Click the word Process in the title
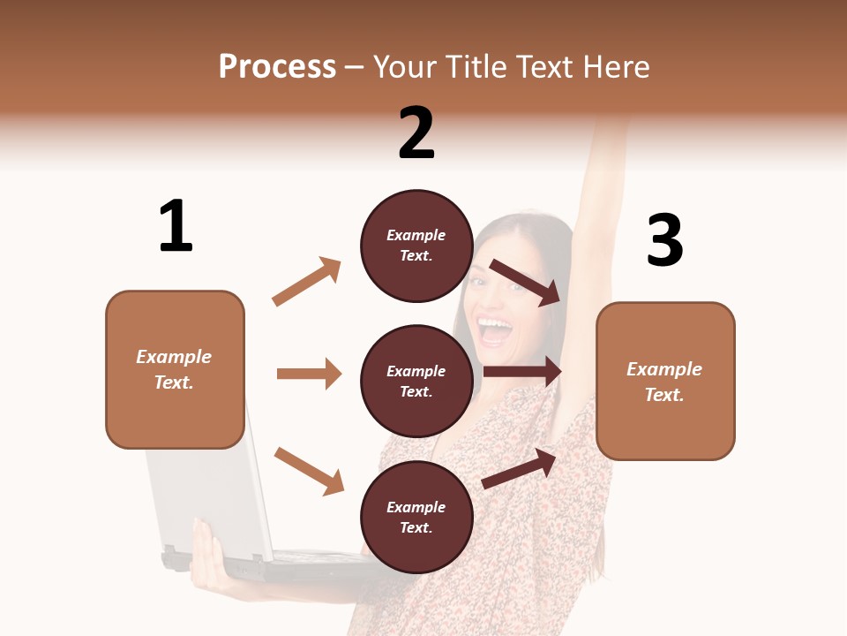[277, 66]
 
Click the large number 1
[176, 226]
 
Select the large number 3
[664, 241]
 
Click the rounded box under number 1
[175, 369]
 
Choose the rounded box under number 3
[665, 381]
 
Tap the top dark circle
[416, 246]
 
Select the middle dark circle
[416, 381]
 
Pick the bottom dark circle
[416, 517]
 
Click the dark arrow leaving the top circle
[526, 282]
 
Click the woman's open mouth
[495, 331]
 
